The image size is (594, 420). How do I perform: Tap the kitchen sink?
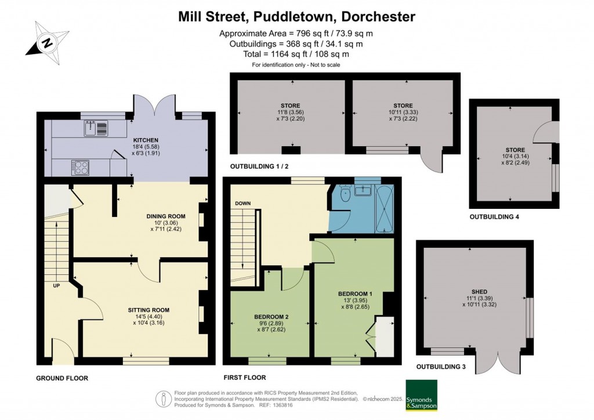[96, 128]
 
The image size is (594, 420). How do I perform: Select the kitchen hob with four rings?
[81, 167]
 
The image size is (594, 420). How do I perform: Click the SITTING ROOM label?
[148, 310]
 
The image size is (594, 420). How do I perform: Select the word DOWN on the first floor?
[243, 204]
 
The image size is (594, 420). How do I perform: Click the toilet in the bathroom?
[345, 194]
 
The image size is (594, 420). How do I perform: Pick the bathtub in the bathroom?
[385, 208]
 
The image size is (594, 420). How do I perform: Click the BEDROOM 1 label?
[355, 294]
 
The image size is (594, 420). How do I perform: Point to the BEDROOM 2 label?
[271, 316]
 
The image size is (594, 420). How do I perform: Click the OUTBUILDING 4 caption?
[494, 217]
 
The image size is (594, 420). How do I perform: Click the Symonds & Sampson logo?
[422, 396]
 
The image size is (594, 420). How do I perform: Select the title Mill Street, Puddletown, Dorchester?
[296, 16]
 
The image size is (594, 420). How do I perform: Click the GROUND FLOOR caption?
[63, 378]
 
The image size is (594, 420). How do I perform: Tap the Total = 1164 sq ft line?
[296, 54]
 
